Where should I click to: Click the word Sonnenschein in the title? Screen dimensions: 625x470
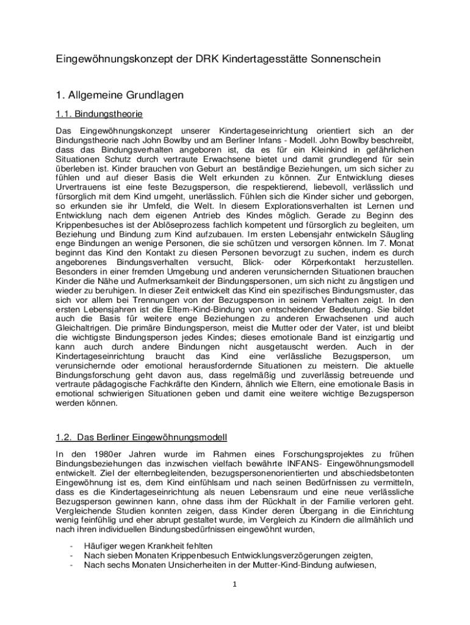pyautogui.click(x=345, y=59)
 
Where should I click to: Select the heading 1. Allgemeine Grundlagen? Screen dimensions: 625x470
pyautogui.click(x=118, y=95)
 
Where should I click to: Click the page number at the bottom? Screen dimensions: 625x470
pyautogui.click(x=234, y=584)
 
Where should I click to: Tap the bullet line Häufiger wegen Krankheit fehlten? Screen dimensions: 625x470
pyautogui.click(x=148, y=545)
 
